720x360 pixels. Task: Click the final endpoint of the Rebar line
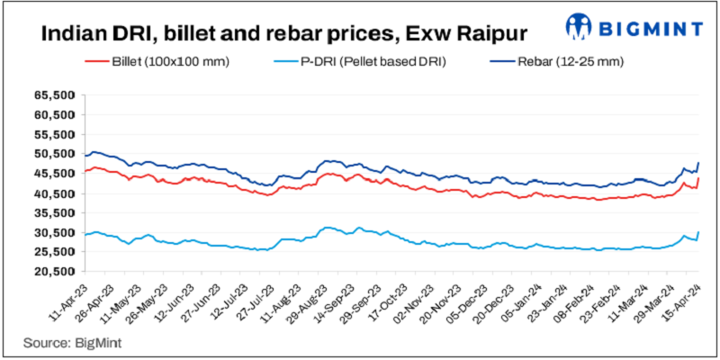(x=699, y=162)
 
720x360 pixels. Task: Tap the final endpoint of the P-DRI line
(x=699, y=232)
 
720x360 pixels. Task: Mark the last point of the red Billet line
(x=699, y=178)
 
